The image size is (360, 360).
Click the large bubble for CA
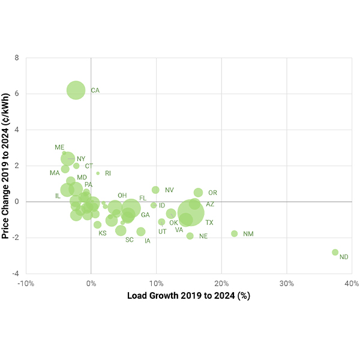click(76, 90)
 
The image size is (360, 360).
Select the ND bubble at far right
click(335, 253)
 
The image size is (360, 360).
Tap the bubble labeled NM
click(234, 233)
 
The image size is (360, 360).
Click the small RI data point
click(98, 173)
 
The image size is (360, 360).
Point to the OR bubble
click(198, 193)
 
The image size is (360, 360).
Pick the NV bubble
click(155, 190)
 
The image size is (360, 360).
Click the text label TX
click(209, 223)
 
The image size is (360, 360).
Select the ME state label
click(59, 148)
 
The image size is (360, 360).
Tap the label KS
click(103, 233)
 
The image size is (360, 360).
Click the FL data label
click(143, 198)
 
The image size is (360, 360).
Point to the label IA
click(147, 241)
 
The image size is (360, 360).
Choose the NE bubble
click(190, 236)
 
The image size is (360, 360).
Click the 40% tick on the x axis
click(352, 283)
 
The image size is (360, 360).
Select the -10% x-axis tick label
click(26, 283)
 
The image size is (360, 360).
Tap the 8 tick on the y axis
click(17, 58)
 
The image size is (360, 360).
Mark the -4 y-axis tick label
click(16, 274)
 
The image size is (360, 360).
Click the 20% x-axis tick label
click(221, 283)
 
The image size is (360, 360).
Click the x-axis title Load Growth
click(188, 296)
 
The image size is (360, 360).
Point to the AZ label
click(210, 205)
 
